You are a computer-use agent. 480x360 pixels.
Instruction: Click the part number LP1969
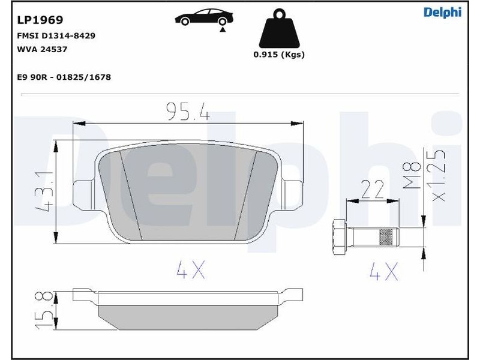tap(40, 20)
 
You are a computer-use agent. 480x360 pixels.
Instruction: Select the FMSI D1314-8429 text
tap(56, 35)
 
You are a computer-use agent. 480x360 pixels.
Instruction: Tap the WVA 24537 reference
tap(42, 49)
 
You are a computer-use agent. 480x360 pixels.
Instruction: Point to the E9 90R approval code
tap(64, 77)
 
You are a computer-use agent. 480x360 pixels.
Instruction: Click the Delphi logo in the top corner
tap(442, 12)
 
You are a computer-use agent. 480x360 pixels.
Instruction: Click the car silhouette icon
tap(204, 17)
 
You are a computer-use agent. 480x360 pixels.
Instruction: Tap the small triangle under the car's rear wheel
tap(223, 29)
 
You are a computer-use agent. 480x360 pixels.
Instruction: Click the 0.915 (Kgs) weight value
tap(279, 55)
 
